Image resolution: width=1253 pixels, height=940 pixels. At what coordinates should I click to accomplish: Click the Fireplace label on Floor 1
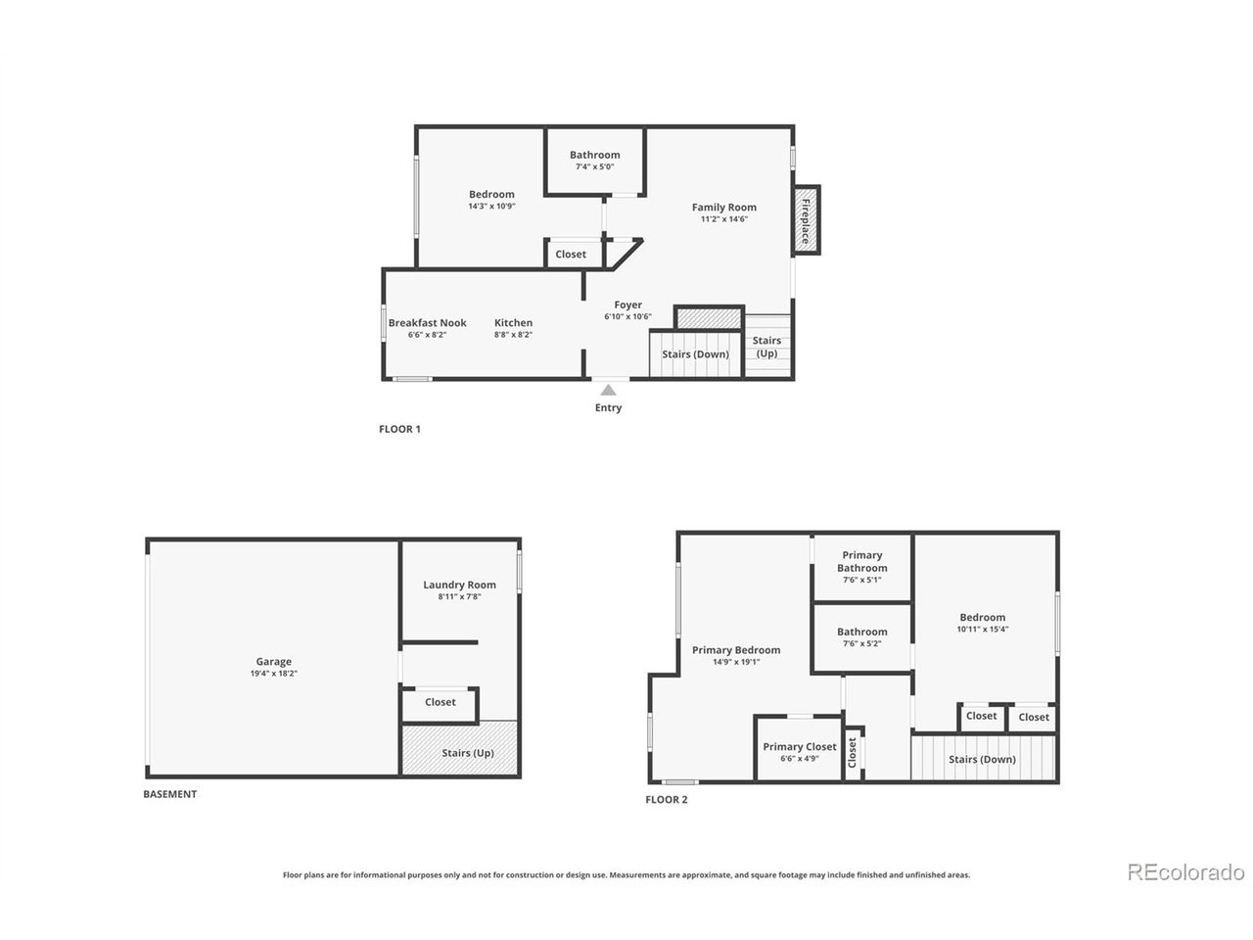806,221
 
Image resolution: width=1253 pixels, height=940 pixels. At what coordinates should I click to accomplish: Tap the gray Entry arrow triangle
609,391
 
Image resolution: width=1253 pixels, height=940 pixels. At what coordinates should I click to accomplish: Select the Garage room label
273,662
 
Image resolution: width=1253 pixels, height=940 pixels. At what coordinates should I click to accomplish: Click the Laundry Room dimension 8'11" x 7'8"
459,597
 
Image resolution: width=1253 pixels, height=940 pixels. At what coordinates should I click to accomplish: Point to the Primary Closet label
799,746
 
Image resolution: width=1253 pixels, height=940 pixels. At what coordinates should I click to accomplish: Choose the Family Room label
724,208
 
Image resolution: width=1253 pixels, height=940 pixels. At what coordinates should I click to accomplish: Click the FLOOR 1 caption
399,429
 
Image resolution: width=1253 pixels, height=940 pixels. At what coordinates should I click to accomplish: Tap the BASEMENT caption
170,794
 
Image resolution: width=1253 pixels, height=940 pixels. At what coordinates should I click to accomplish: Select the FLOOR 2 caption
667,800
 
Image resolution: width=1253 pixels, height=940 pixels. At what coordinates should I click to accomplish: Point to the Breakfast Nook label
428,323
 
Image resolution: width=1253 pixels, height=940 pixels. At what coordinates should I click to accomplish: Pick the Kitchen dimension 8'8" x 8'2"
513,335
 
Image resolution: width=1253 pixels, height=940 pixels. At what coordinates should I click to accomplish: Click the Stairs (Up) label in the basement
468,753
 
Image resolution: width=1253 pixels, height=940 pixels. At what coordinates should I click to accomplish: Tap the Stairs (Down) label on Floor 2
982,760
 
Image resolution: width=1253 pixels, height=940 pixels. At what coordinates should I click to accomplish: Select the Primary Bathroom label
862,562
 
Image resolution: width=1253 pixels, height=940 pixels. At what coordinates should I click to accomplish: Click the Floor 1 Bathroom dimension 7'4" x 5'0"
595,167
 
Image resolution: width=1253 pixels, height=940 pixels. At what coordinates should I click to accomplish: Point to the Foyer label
627,305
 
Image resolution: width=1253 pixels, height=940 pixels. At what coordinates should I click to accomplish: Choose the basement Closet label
441,703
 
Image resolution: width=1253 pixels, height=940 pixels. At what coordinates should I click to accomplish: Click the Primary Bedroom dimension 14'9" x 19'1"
736,662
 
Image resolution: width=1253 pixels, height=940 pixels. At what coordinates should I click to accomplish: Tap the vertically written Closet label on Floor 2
853,753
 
